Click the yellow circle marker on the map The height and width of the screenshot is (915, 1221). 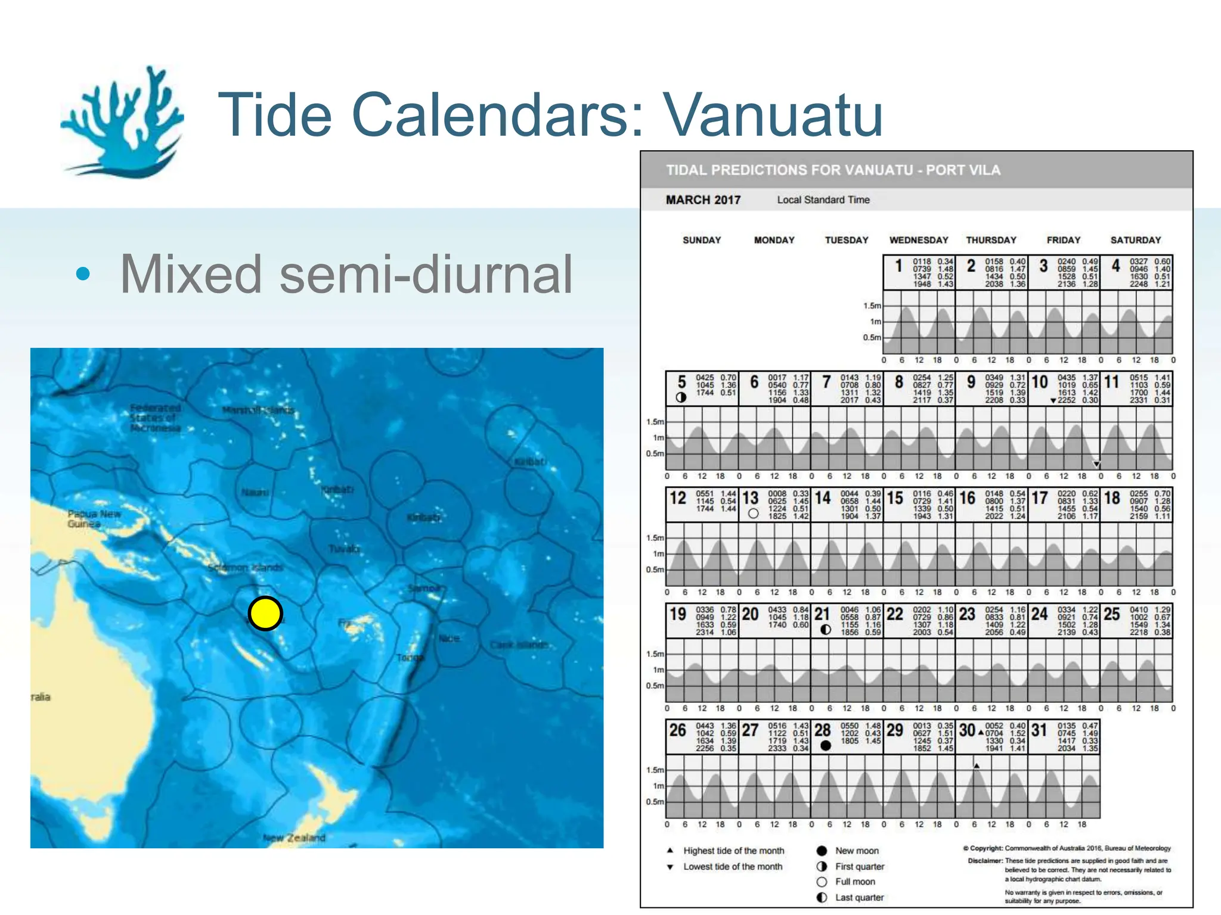265,613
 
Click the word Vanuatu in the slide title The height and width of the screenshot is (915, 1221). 773,114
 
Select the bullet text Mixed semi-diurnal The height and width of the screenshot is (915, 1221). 346,274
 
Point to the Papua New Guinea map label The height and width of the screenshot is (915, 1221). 94,519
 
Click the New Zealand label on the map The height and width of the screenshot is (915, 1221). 295,838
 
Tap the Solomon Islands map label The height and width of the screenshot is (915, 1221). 245,568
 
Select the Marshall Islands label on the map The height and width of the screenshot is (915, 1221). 258,410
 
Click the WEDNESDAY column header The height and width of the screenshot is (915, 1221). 919,240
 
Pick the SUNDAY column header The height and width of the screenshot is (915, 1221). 702,240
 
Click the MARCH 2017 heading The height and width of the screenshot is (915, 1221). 703,200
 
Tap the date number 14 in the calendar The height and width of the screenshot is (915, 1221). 823,498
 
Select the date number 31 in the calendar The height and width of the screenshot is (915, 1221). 1039,730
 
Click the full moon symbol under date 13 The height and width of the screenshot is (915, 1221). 753,513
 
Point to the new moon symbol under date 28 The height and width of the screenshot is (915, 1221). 826,746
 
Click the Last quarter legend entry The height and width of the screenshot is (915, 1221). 859,898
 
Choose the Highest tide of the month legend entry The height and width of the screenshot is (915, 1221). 733,851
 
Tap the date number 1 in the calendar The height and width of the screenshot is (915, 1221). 898,266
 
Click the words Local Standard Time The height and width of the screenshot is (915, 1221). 823,200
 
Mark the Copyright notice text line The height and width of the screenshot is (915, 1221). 1067,848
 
